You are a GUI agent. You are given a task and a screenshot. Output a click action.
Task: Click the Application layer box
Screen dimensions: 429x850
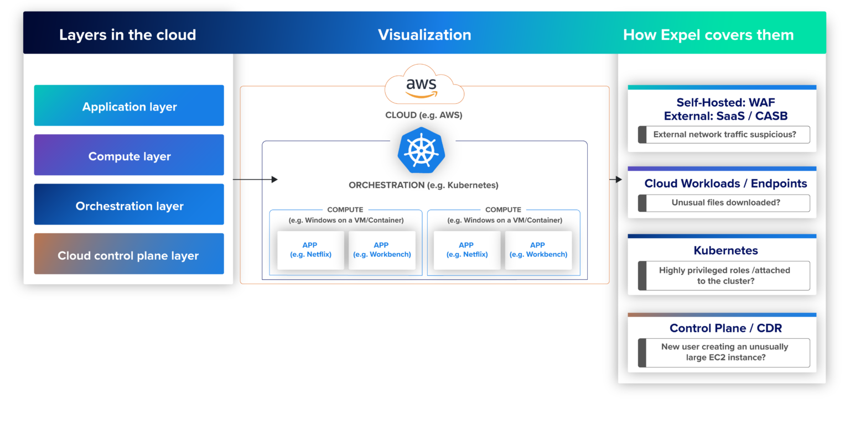click(x=129, y=106)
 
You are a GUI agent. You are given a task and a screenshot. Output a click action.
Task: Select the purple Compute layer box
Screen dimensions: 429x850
click(x=129, y=155)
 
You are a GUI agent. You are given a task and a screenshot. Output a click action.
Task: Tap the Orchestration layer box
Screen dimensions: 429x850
click(x=129, y=205)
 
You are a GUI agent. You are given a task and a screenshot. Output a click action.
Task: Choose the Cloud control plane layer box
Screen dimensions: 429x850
click(x=129, y=254)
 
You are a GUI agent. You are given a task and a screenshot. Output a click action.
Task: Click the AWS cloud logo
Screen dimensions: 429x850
click(x=423, y=85)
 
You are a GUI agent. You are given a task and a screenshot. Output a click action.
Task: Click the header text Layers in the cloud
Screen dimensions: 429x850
click(x=127, y=35)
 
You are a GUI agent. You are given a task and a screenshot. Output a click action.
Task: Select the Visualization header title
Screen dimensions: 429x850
click(x=424, y=35)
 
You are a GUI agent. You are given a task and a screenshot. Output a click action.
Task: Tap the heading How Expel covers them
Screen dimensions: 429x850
click(x=708, y=35)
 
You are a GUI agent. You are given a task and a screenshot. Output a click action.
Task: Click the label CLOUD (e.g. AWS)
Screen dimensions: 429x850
click(x=423, y=115)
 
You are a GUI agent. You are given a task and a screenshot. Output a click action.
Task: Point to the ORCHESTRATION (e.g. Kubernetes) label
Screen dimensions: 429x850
click(x=423, y=185)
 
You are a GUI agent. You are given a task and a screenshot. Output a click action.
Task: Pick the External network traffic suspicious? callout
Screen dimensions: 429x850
click(x=724, y=134)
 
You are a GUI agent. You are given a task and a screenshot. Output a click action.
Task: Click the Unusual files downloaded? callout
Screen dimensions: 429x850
click(x=724, y=203)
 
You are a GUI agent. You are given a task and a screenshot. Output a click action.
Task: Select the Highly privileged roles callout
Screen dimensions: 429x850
click(x=724, y=275)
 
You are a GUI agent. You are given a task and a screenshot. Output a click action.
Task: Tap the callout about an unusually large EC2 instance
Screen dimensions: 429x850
click(x=724, y=352)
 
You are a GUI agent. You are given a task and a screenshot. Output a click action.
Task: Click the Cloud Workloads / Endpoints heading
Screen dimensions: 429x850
click(x=725, y=184)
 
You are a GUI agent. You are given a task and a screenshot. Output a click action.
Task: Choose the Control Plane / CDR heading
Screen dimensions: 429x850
click(x=725, y=328)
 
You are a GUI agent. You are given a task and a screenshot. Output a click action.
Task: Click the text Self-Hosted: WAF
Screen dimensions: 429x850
click(x=725, y=102)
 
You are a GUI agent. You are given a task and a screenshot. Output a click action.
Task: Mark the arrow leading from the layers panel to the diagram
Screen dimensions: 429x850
click(x=255, y=179)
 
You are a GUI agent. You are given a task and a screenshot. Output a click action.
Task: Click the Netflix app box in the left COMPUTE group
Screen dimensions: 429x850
click(x=310, y=250)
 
